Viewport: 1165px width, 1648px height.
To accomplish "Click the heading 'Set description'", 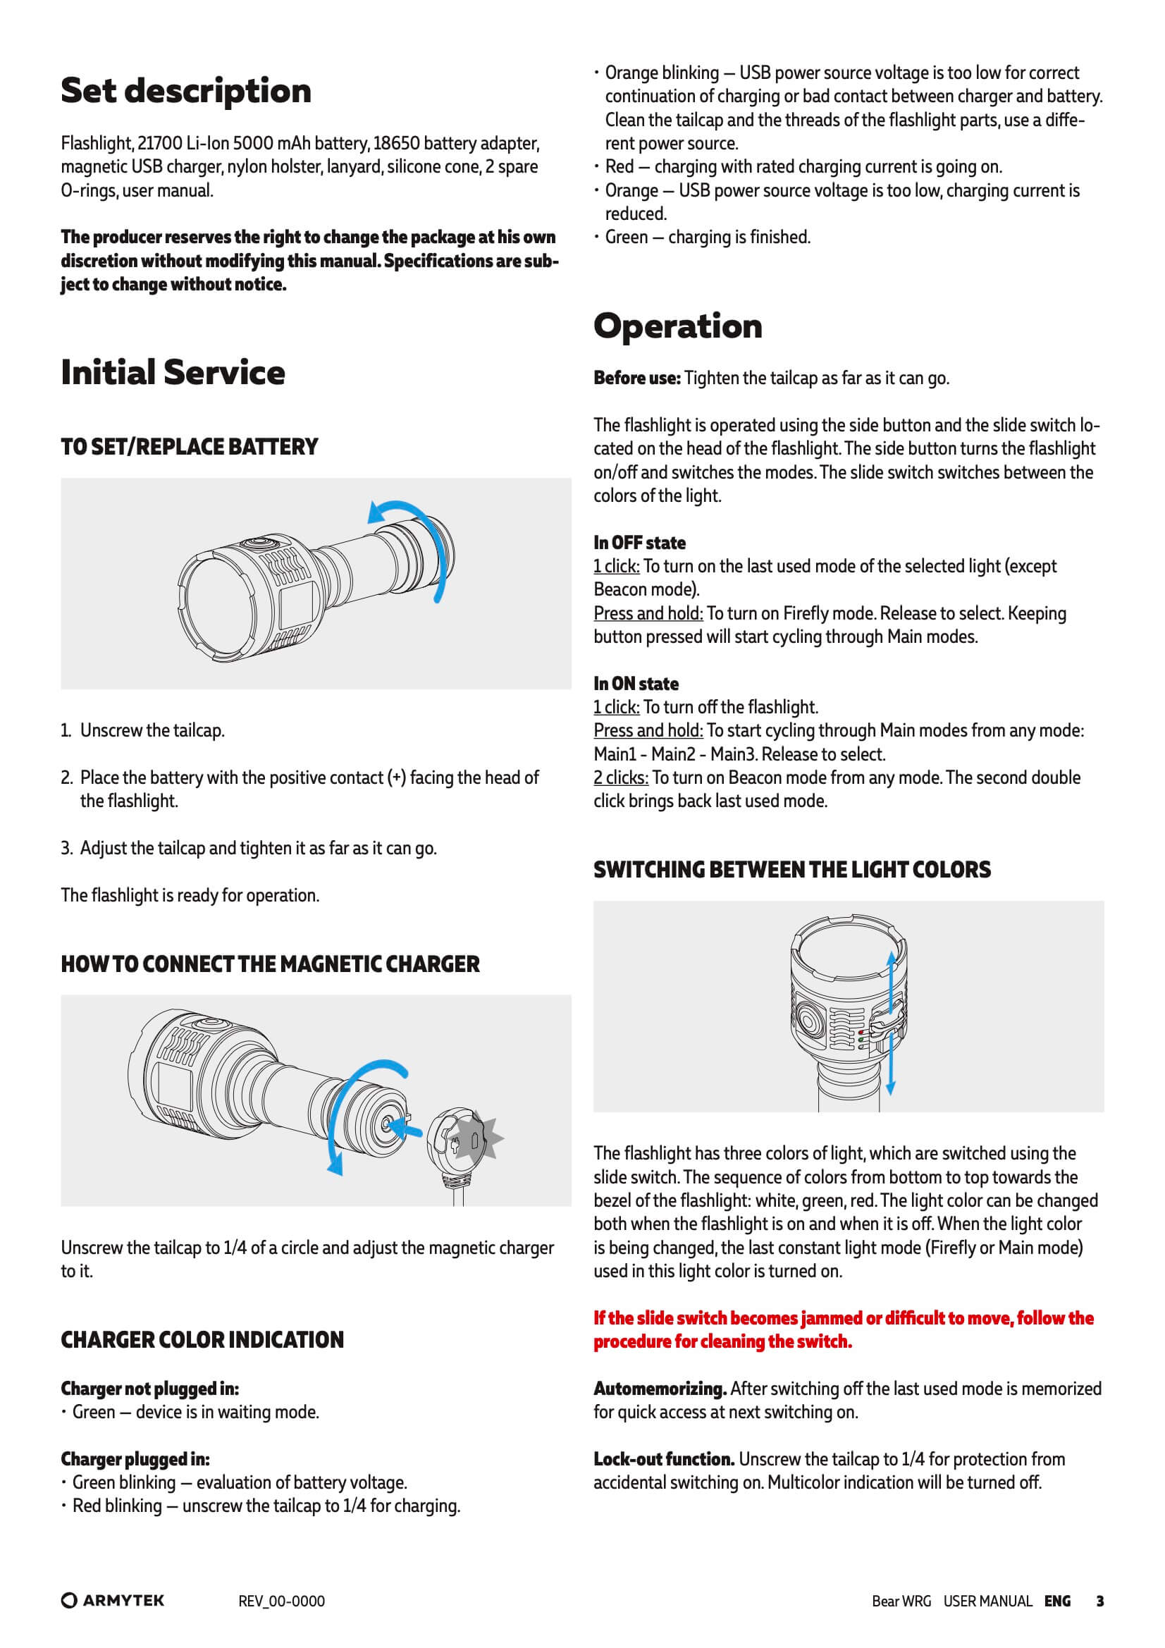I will point(186,91).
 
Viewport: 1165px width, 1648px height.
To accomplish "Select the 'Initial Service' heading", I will point(173,372).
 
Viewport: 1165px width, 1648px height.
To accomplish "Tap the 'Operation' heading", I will point(677,326).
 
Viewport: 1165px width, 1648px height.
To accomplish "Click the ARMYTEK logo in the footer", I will point(113,1601).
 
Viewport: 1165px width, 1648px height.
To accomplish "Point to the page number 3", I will point(1099,1601).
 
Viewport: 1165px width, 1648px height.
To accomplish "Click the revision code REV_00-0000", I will point(281,1601).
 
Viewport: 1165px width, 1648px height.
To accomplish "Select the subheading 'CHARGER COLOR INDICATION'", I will point(202,1340).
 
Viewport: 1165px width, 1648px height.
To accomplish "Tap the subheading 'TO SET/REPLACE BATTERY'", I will point(190,447).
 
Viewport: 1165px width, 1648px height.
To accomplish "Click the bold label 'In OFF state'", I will point(639,543).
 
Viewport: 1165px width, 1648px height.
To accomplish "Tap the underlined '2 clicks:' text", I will point(621,777).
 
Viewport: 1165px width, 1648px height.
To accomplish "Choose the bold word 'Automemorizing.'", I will point(660,1389).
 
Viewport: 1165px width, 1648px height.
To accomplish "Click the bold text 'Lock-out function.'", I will point(664,1459).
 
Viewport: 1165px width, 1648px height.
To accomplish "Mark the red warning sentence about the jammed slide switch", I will point(844,1330).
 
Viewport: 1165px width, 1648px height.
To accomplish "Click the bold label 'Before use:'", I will point(636,379).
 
